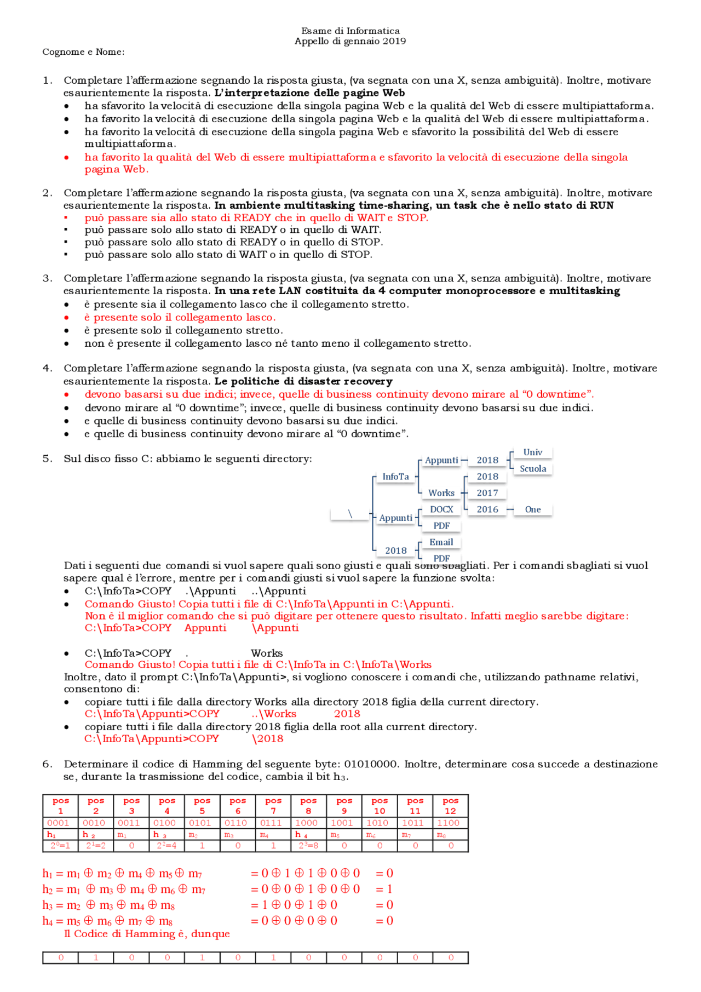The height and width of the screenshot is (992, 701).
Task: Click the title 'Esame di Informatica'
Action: pyautogui.click(x=350, y=31)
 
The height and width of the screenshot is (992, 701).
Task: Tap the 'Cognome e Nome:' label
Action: pyautogui.click(x=83, y=52)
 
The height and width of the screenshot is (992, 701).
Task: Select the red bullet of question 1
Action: pyautogui.click(x=67, y=158)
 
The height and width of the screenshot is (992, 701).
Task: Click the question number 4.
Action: pyautogui.click(x=47, y=368)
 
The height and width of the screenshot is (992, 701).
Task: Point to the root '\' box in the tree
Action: pyautogui.click(x=350, y=514)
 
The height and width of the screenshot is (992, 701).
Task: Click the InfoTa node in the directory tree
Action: pyautogui.click(x=395, y=477)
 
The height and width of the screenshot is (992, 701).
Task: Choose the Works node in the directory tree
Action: pyautogui.click(x=441, y=493)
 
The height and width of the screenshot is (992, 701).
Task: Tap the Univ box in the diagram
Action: pyautogui.click(x=532, y=452)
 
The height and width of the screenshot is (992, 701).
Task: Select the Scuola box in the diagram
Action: pyautogui.click(x=532, y=469)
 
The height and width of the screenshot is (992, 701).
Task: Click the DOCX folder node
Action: pyautogui.click(x=441, y=509)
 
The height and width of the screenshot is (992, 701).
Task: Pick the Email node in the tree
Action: pyautogui.click(x=441, y=542)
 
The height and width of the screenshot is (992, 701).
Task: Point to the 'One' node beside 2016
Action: pyautogui.click(x=532, y=509)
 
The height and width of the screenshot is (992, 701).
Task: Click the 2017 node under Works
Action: pyautogui.click(x=487, y=493)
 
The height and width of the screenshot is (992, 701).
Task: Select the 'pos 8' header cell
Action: pyautogui.click(x=308, y=806)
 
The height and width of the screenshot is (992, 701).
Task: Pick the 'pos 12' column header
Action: pyautogui.click(x=450, y=806)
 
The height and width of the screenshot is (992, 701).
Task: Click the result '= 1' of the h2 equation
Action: pyautogui.click(x=384, y=889)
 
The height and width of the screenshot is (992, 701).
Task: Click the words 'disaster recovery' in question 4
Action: pyautogui.click(x=359, y=381)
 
